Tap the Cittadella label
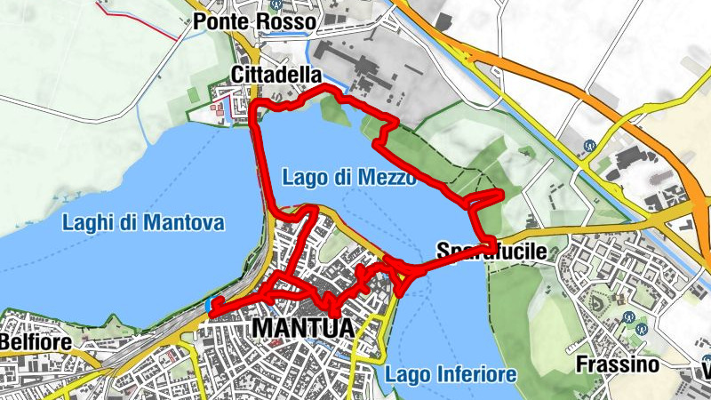pyautogui.click(x=275, y=75)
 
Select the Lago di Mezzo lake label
pyautogui.click(x=348, y=178)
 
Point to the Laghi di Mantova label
pyautogui.click(x=143, y=222)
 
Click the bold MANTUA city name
pyautogui.click(x=303, y=328)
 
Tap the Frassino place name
pyautogui.click(x=617, y=364)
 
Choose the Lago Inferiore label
pyautogui.click(x=451, y=374)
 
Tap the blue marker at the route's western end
pyautogui.click(x=209, y=306)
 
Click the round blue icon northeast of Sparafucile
pyautogui.click(x=587, y=146)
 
